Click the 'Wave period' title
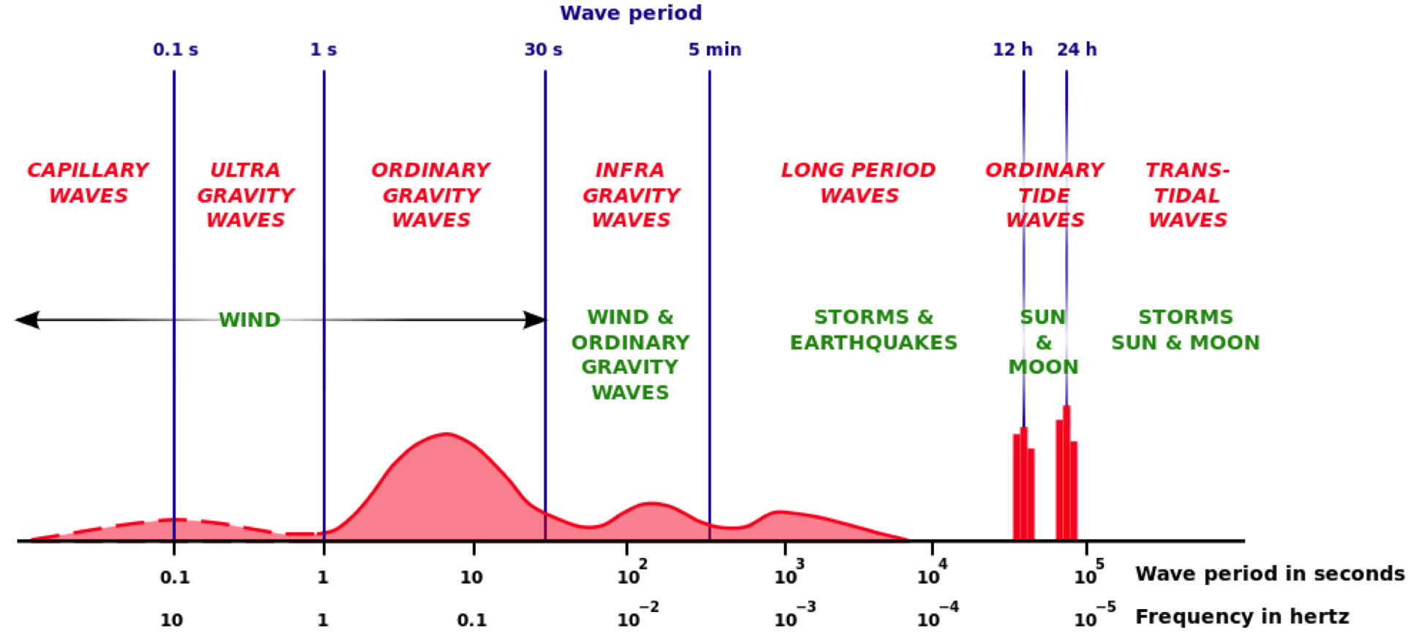point(630,13)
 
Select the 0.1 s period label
point(176,50)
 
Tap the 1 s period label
point(324,50)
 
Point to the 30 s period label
point(543,50)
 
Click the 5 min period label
point(714,50)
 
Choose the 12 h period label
point(1012,50)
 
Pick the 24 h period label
point(1077,50)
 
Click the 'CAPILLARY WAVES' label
point(89,183)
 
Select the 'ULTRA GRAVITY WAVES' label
point(246,195)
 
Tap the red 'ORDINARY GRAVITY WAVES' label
point(431,195)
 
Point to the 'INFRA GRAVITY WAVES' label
point(631,195)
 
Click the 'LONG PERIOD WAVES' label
point(859,183)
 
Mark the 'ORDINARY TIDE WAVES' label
point(1044,195)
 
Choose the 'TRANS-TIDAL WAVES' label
point(1187,195)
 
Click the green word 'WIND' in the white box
point(250,320)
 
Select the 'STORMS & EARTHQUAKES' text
point(874,330)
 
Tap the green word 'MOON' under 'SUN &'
point(1043,367)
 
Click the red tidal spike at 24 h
point(1066,483)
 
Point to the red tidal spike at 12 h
point(1023,486)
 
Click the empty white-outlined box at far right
point(1391,323)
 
